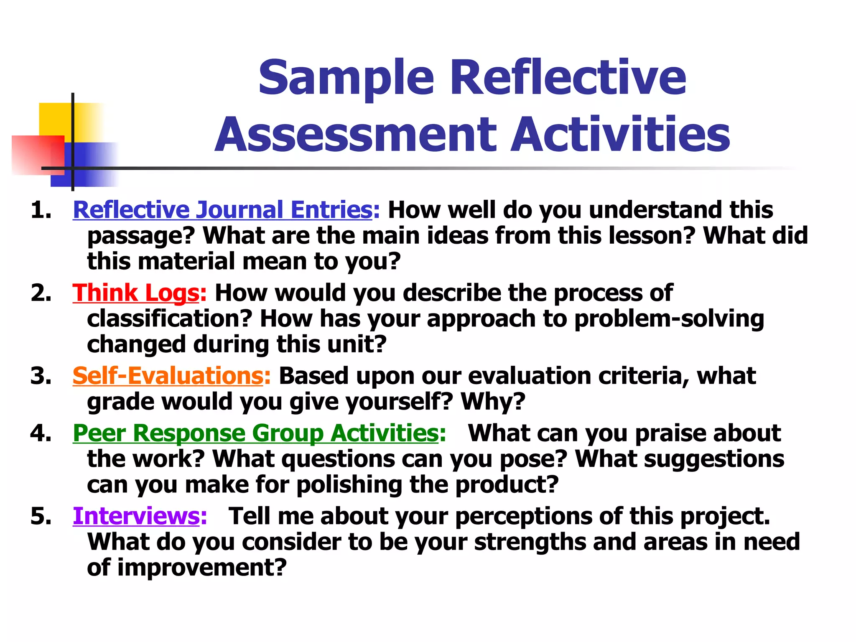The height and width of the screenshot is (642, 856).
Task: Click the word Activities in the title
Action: pyautogui.click(x=620, y=135)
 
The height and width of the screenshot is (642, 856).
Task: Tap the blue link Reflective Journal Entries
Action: pyautogui.click(x=222, y=210)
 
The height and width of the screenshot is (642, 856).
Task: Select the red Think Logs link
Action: pyautogui.click(x=136, y=293)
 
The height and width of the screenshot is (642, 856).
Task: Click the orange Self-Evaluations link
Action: pyautogui.click(x=168, y=376)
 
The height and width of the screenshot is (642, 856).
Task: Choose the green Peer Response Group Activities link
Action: pyautogui.click(x=256, y=433)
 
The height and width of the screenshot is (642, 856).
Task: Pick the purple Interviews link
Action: pyautogui.click(x=136, y=516)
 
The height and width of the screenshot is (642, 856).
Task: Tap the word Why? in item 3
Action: pyautogui.click(x=493, y=401)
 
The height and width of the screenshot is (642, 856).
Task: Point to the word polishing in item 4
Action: pyautogui.click(x=349, y=485)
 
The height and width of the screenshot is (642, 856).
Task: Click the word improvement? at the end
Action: pyautogui.click(x=202, y=568)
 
